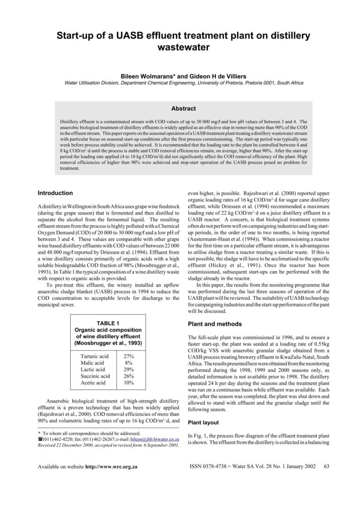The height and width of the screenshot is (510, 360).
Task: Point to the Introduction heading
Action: [x=55, y=193]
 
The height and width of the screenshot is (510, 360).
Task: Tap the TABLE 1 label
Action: [x=108, y=323]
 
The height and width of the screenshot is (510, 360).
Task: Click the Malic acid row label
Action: [x=92, y=363]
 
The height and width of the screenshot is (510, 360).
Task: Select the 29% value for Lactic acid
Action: [x=128, y=370]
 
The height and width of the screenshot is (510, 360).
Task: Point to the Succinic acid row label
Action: [x=95, y=376]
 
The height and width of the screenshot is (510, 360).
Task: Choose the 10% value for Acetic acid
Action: [x=128, y=383]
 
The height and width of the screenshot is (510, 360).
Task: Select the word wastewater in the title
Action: [x=180, y=47]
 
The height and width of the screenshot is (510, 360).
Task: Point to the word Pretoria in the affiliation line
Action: [x=232, y=83]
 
